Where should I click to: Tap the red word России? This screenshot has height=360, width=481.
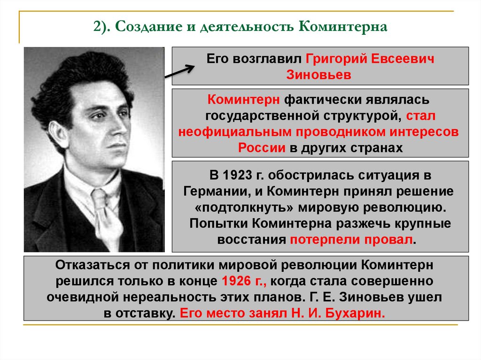pyautogui.click(x=262, y=147)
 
